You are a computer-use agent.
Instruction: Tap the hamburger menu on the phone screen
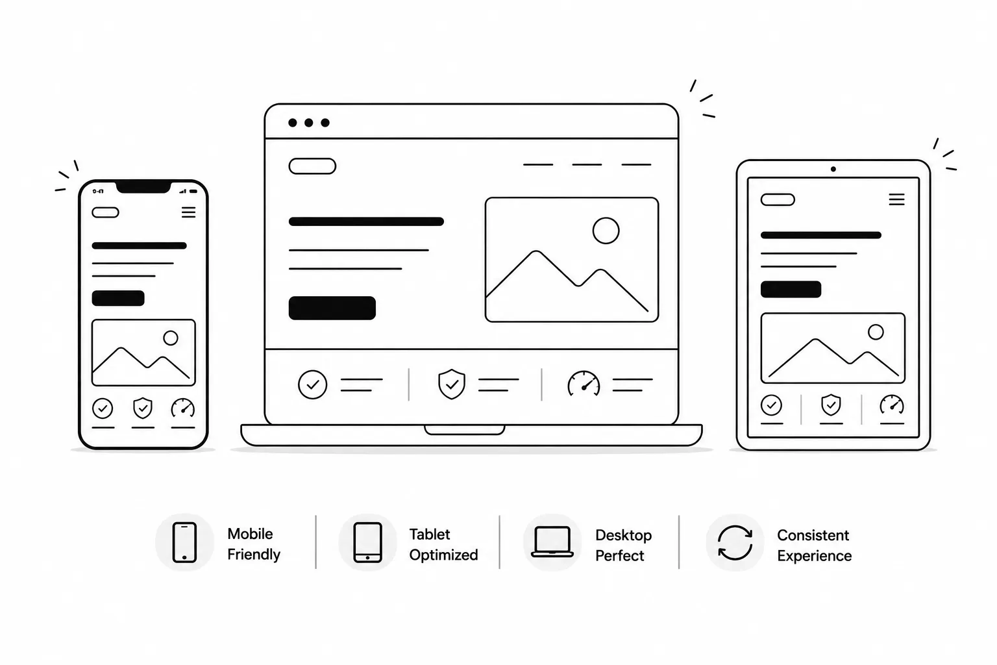coord(189,212)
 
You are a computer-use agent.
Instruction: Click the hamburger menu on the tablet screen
coord(896,199)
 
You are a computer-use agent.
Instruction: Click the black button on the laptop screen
coord(332,308)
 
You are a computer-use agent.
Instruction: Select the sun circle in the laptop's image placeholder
coord(606,231)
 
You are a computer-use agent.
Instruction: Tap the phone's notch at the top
coord(143,187)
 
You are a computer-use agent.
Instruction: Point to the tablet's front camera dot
coord(833,169)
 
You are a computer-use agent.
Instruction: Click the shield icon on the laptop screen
coord(452,384)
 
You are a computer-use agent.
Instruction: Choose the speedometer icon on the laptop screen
coord(584,384)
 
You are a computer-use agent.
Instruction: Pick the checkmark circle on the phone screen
coord(103,408)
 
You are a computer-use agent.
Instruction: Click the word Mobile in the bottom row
coord(250,534)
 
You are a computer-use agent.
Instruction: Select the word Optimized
coord(444,555)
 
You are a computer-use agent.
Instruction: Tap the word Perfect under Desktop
coord(620,555)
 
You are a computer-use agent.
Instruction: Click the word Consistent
coord(813,535)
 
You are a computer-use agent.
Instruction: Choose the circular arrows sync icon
coord(735,542)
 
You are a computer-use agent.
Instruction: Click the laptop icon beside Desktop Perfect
coord(552,542)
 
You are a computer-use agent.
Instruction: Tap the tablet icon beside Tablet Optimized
coord(367,542)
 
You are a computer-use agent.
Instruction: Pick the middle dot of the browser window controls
coord(309,123)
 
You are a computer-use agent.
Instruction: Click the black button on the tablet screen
coord(791,289)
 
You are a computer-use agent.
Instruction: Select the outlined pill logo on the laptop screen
coord(312,166)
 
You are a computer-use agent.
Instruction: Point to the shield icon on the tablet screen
coord(831,405)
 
